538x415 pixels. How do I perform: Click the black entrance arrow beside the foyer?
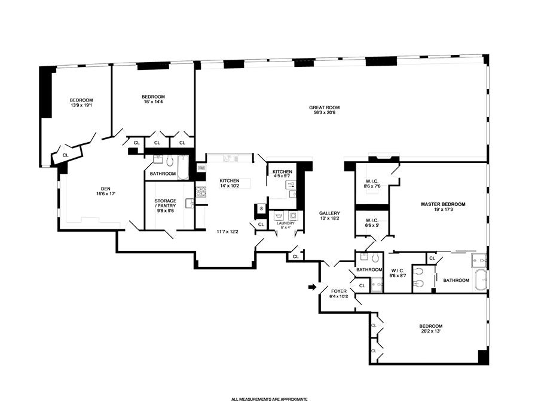(x=312, y=287)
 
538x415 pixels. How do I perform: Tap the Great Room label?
(x=324, y=107)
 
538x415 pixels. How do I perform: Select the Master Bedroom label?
(x=443, y=204)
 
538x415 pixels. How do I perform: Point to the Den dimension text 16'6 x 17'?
(x=106, y=193)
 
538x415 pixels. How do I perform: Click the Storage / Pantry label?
(x=165, y=203)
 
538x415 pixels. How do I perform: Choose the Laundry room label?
(x=286, y=223)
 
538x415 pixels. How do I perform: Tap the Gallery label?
(x=329, y=213)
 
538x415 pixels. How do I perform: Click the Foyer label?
(x=339, y=291)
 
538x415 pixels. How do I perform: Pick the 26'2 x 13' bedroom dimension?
(x=430, y=331)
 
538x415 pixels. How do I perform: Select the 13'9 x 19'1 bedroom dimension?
(x=81, y=105)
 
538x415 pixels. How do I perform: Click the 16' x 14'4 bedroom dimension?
(x=153, y=102)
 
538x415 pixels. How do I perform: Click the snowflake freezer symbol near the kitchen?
(x=261, y=208)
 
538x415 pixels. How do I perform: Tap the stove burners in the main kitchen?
(x=200, y=191)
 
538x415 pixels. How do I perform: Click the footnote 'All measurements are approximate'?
(x=270, y=399)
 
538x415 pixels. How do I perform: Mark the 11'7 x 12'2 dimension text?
(x=228, y=232)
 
